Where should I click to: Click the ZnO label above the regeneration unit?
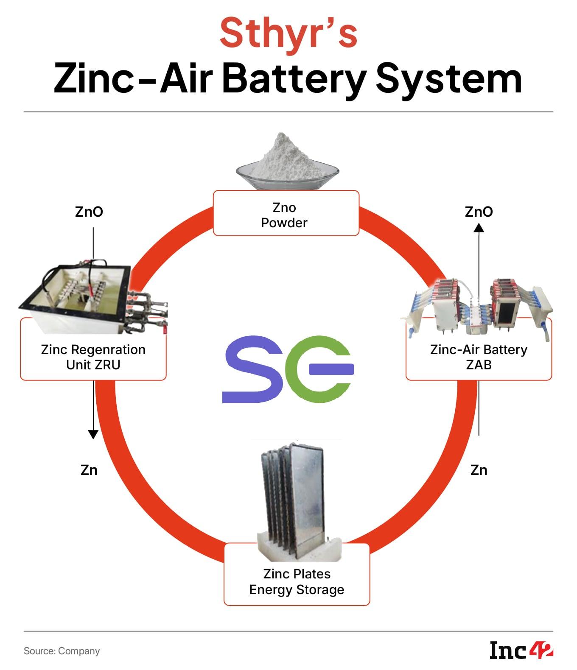(89, 212)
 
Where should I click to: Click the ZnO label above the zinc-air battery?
(479, 212)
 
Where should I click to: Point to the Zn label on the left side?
(89, 470)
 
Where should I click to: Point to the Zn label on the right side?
(479, 470)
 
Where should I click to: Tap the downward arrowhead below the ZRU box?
(93, 434)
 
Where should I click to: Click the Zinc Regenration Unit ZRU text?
(93, 357)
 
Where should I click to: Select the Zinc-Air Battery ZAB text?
(479, 357)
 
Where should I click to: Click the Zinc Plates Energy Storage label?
(297, 581)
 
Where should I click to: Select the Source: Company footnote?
(62, 651)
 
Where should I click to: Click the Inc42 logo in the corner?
(521, 650)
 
